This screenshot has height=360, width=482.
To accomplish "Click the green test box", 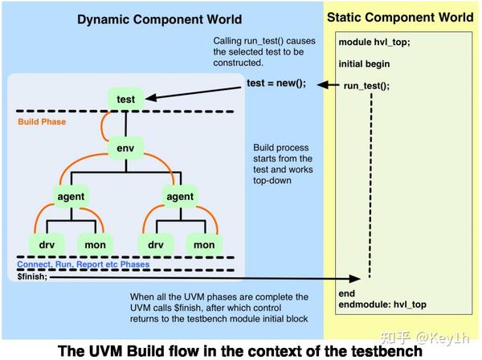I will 126,100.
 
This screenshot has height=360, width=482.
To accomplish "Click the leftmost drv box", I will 45,243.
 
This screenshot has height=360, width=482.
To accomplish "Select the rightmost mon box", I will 204,243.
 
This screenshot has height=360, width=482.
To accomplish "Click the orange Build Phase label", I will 43,122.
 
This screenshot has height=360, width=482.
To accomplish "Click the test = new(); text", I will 276,84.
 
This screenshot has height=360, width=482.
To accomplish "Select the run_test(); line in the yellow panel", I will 366,85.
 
